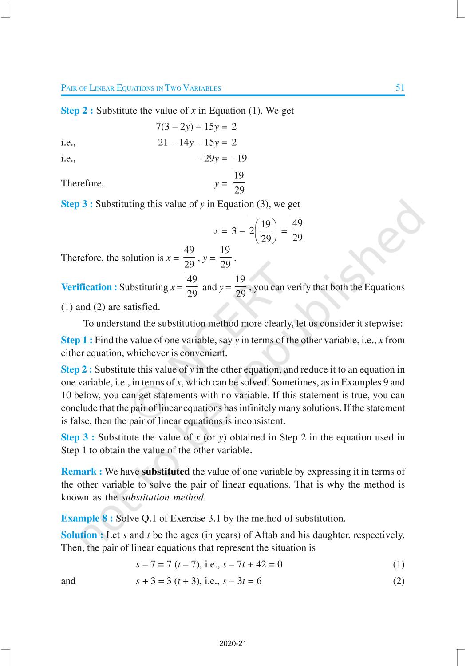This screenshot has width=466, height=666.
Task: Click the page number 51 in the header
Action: point(400,87)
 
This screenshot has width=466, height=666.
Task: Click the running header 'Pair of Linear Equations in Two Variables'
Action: point(141,88)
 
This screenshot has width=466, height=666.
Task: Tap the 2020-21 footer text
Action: point(233,643)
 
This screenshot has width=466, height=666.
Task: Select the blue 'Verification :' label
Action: point(89,287)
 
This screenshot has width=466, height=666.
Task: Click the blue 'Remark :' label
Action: point(82,472)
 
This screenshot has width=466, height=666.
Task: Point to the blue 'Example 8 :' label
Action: point(87,518)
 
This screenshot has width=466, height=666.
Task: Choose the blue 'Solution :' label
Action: point(83,535)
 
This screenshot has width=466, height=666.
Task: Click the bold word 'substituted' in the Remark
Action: point(166,472)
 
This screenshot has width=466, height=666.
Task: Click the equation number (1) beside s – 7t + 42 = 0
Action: point(399,565)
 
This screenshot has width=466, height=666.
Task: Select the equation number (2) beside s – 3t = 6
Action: point(399,581)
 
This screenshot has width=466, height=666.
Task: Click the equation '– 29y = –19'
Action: point(222,158)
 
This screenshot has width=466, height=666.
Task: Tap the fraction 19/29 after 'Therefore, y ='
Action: point(239,183)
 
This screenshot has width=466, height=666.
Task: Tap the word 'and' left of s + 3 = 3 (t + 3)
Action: point(68,581)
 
